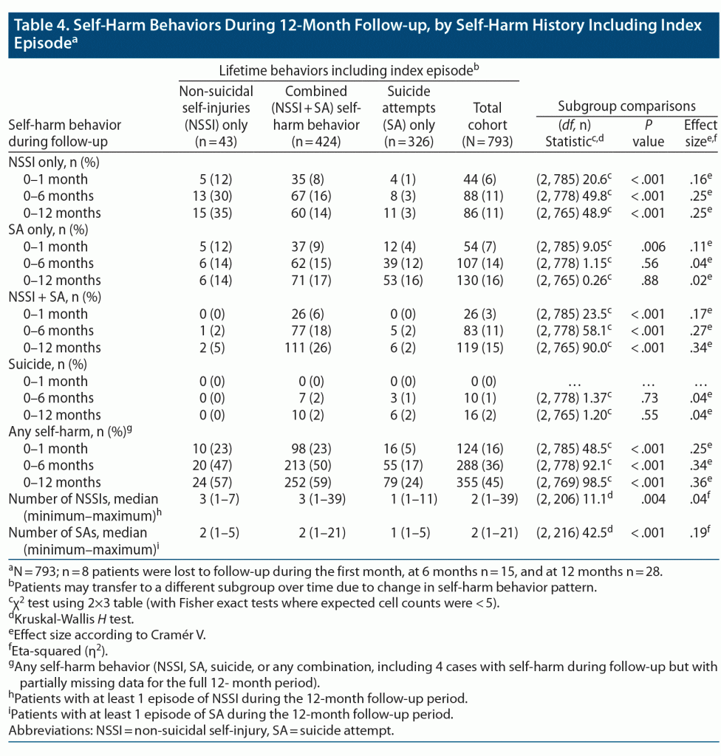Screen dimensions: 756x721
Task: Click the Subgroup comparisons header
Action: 616,106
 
